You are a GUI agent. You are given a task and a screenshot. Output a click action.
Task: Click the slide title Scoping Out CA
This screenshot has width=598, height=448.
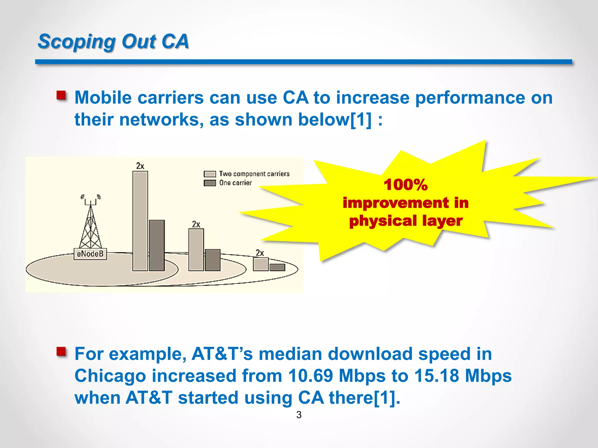click(113, 41)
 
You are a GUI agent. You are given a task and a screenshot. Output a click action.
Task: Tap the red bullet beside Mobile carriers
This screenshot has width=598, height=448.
click(61, 95)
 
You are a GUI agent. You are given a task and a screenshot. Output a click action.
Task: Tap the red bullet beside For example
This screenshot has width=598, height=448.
click(61, 351)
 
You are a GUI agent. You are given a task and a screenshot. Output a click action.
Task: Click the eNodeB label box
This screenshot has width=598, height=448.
click(90, 254)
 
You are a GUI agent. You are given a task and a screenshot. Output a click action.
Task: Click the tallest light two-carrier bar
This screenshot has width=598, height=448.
click(140, 221)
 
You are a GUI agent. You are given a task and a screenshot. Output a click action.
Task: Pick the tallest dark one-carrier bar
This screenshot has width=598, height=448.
click(157, 245)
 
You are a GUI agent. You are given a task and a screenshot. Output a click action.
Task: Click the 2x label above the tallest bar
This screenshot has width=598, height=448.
click(140, 166)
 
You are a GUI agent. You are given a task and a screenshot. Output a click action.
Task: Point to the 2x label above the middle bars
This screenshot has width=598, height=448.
click(196, 224)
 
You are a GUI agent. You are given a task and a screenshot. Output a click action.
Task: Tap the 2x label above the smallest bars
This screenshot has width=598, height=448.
click(260, 253)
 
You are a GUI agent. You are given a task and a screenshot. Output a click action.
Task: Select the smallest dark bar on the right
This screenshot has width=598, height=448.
click(277, 267)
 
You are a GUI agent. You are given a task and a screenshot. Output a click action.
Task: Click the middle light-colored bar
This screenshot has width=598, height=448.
click(196, 250)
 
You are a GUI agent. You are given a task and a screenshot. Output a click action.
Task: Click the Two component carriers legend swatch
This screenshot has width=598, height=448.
click(210, 174)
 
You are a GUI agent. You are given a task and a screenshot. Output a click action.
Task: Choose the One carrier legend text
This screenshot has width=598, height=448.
click(235, 183)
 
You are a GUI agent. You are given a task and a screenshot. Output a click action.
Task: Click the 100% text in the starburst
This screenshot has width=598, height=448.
click(406, 185)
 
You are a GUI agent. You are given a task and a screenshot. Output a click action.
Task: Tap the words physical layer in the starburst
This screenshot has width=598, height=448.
click(406, 221)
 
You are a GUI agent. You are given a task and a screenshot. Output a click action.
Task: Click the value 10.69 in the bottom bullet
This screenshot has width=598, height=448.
click(310, 376)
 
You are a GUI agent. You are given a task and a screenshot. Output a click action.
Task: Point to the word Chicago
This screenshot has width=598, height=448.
click(110, 376)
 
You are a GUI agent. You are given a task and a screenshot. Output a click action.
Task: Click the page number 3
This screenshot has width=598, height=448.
click(299, 415)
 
